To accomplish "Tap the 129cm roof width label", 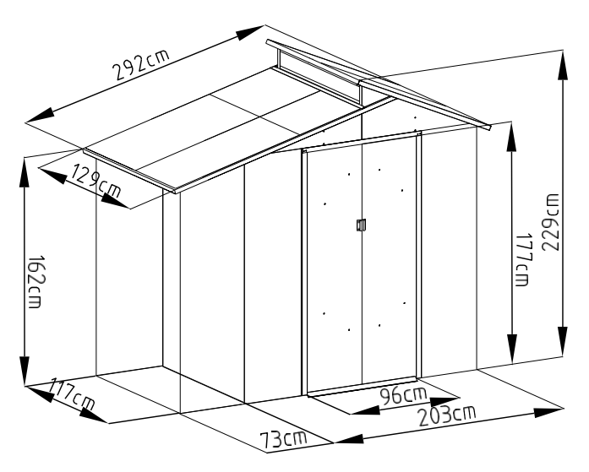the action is (x=96, y=181).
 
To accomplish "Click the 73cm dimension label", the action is (x=283, y=439).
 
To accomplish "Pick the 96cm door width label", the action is (x=403, y=394).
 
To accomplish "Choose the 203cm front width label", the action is (x=447, y=415).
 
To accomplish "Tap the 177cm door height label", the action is (x=522, y=260).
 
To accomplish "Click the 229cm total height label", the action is (x=550, y=223).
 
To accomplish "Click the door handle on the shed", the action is (x=361, y=225).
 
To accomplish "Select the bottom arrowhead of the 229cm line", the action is (x=563, y=341).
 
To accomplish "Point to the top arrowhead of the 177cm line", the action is (x=511, y=137).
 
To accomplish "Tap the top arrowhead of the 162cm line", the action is (x=25, y=172).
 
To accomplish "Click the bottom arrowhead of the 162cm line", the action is (x=25, y=371).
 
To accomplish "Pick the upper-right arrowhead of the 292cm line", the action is (x=250, y=32).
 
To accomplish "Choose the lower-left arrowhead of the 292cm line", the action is (x=40, y=116).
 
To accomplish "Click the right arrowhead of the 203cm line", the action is (x=548, y=412).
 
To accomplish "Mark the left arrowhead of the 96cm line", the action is (x=365, y=410).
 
